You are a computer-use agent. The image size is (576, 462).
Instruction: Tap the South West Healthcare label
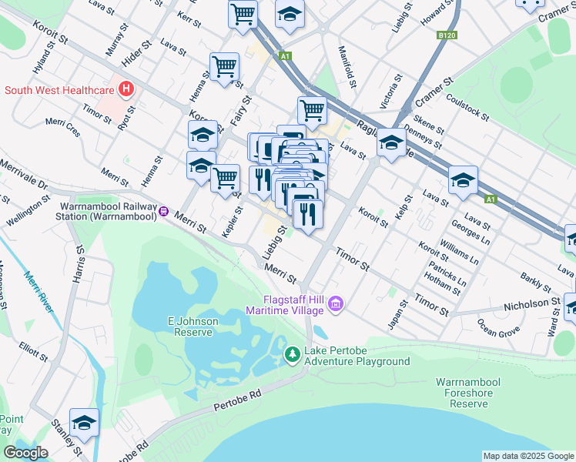click(59, 90)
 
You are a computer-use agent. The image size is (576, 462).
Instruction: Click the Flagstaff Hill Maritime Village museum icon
click(334, 306)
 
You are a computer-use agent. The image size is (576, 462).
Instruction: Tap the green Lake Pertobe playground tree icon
click(292, 354)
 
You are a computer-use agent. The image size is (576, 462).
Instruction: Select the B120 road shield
click(447, 35)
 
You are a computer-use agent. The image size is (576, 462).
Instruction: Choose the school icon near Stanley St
click(84, 423)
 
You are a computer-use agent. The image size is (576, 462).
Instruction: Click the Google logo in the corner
click(25, 453)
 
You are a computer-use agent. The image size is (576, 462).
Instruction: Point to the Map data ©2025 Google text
click(527, 456)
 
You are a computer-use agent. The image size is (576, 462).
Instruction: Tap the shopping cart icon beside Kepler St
click(225, 177)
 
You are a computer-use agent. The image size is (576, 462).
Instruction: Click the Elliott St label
click(35, 351)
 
